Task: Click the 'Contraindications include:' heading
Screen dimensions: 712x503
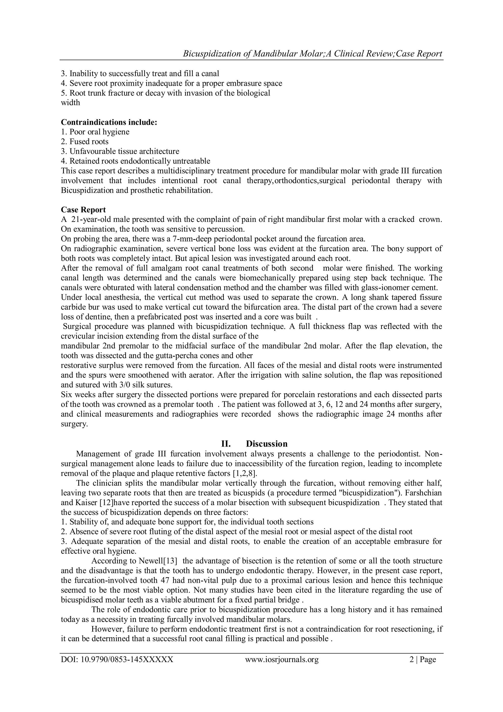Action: click(x=109, y=122)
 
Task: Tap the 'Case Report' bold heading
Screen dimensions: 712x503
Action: click(x=83, y=210)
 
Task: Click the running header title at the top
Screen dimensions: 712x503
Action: click(x=312, y=54)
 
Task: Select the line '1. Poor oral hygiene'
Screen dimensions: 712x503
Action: click(x=95, y=132)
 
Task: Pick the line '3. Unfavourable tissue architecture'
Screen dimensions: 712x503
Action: click(x=120, y=152)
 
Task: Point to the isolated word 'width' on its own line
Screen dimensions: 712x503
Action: click(x=70, y=103)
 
